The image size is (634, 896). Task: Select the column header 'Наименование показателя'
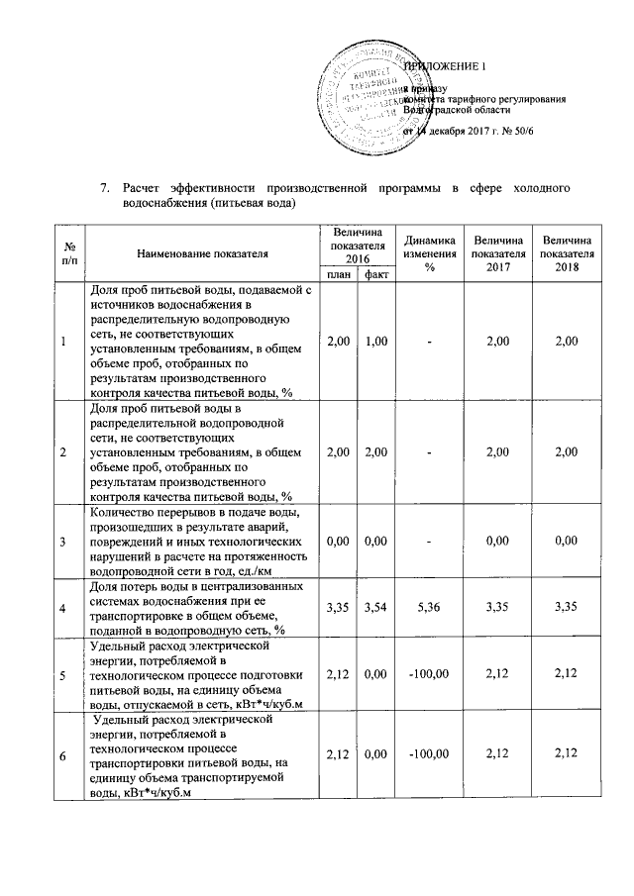(x=203, y=253)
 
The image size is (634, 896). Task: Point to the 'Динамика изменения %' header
(x=429, y=253)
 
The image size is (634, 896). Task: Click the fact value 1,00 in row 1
(x=375, y=342)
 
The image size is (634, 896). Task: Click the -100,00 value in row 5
(x=429, y=675)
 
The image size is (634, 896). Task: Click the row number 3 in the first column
(x=64, y=542)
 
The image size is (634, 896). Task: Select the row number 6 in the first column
(x=64, y=757)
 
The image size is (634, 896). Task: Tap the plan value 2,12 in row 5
(x=337, y=675)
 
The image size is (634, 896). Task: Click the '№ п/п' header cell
(x=64, y=253)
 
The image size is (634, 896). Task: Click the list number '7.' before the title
(x=102, y=187)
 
